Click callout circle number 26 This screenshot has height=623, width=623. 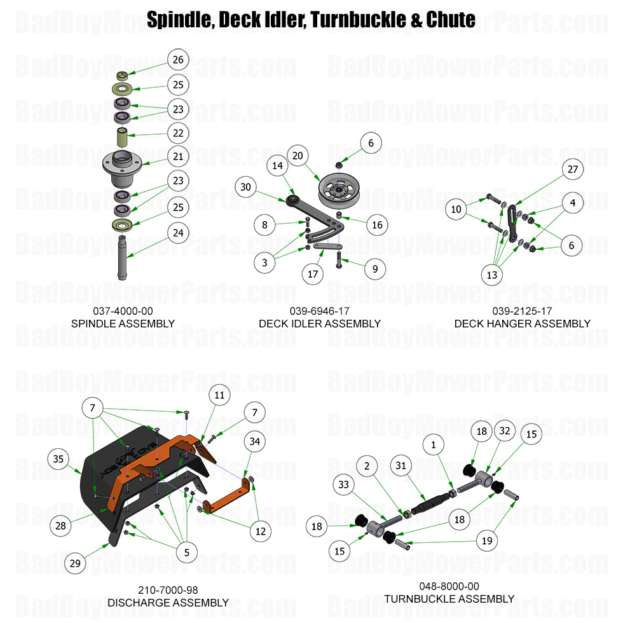[178, 60]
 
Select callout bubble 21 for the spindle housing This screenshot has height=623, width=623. [178, 156]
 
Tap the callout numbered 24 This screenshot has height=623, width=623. [178, 233]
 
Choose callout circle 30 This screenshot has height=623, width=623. [246, 187]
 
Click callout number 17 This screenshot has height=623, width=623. [313, 275]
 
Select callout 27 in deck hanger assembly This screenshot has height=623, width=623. [572, 169]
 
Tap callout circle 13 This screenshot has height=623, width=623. [492, 275]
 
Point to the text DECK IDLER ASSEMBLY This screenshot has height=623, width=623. [319, 324]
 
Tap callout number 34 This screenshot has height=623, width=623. [254, 441]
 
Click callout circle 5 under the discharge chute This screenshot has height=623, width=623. [186, 552]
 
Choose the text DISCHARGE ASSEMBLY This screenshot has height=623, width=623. [168, 602]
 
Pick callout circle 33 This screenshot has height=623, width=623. [344, 484]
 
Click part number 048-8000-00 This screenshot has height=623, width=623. [449, 586]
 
